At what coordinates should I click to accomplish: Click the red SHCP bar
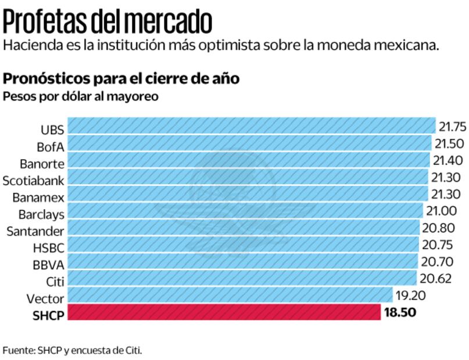pos(224,312)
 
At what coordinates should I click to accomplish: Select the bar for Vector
pos(231,296)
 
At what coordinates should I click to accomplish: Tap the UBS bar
pos(252,126)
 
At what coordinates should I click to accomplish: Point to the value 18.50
pos(400,313)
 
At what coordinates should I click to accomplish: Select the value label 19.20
pos(410,296)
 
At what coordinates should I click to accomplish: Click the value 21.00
pos(441,211)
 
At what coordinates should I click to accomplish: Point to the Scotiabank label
pos(34,181)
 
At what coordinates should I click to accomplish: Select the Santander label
pos(35,232)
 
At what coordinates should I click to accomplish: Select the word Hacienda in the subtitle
pos(30,45)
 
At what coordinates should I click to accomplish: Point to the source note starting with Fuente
pos(72,350)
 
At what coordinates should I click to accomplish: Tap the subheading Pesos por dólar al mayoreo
pos(81,96)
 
